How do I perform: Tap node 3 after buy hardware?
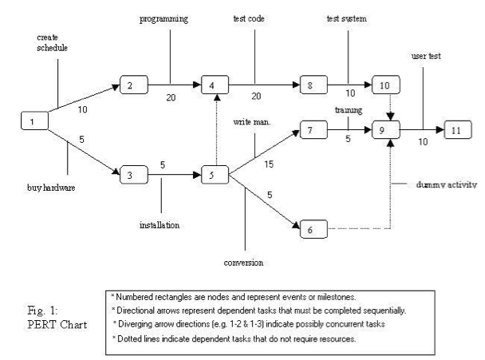[134, 172]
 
